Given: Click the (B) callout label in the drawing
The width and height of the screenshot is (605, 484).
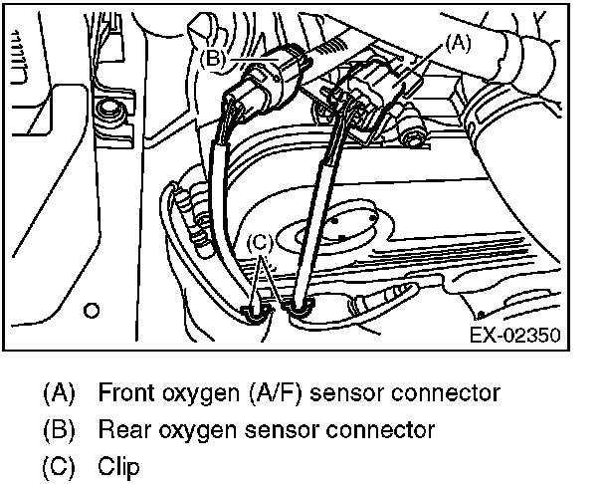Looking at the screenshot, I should tap(215, 59).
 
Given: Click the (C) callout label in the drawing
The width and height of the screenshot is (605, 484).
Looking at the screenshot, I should tap(259, 240).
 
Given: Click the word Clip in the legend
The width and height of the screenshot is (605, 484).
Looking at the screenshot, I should tap(117, 465).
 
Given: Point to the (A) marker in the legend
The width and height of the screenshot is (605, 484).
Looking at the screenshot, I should tap(58, 392).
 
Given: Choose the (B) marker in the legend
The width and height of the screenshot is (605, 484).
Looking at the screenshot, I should tap(58, 429).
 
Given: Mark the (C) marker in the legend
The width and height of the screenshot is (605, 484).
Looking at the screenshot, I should tap(58, 465).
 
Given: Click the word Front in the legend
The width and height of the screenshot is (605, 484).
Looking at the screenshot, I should tap(125, 392).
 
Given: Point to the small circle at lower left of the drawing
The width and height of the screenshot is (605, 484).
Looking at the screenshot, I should tap(92, 310).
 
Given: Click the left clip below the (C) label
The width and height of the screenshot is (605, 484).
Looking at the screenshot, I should tap(257, 312).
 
